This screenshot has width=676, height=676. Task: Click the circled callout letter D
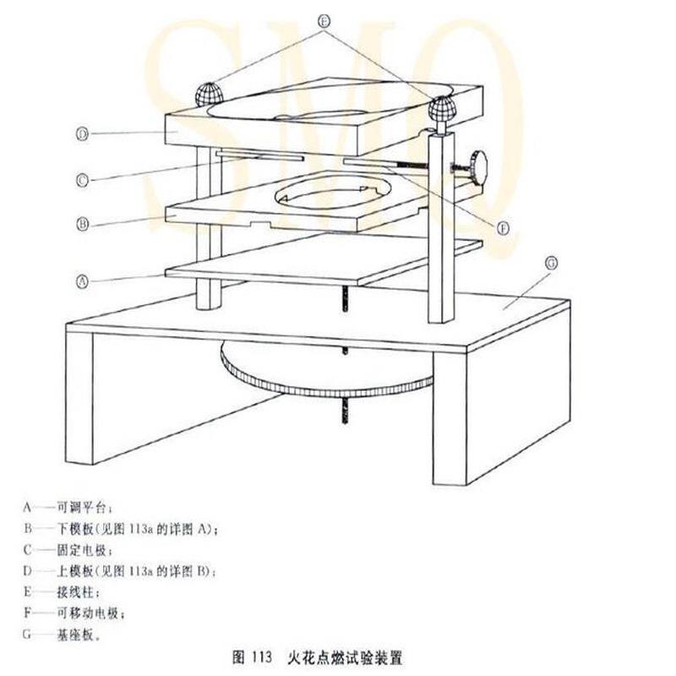(x=82, y=134)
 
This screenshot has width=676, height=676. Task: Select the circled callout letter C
(x=82, y=179)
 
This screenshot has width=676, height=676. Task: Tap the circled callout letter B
(x=82, y=225)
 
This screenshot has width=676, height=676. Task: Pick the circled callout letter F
(x=504, y=227)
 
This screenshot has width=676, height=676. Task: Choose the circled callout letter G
(x=550, y=264)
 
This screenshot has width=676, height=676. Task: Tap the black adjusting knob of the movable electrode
(x=482, y=163)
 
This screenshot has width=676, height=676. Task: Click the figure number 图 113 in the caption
(x=249, y=655)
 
